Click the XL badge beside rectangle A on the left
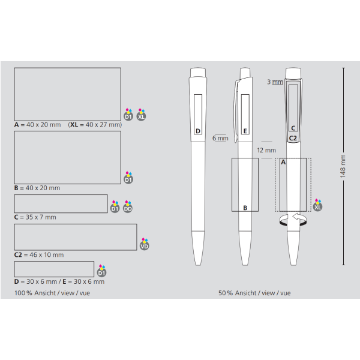(141, 115)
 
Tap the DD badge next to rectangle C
(128, 206)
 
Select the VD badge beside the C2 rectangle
(145, 244)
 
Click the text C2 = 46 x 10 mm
(39, 255)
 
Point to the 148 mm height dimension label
(343, 166)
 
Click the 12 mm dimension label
(266, 151)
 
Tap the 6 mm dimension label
(220, 138)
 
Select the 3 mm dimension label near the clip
(275, 82)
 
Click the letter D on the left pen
(198, 131)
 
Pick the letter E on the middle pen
(245, 131)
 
